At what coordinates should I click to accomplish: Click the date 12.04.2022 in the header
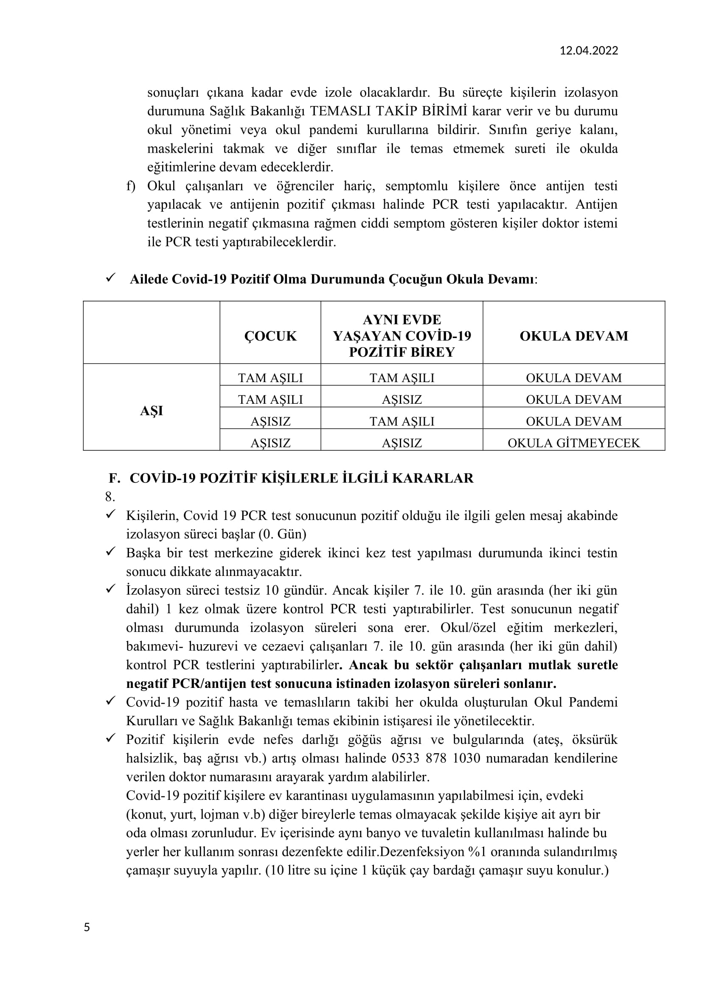point(589,51)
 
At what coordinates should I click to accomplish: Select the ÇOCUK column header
point(270,336)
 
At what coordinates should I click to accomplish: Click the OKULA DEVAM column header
point(574,336)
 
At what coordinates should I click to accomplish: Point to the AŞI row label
point(151,411)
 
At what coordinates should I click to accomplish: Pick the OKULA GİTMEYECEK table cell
point(574,443)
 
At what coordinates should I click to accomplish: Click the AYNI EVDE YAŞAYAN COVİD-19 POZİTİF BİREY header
point(402,336)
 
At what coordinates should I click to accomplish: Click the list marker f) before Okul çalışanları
point(131,186)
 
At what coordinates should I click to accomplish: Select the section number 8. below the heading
point(110,497)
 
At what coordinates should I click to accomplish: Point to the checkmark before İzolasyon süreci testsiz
point(110,589)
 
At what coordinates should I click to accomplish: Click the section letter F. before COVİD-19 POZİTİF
point(114,478)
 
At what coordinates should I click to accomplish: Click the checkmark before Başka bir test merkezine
point(110,552)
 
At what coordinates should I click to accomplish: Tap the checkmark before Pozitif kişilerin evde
point(110,738)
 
